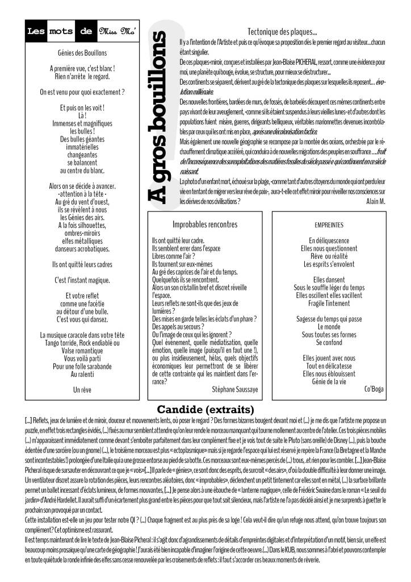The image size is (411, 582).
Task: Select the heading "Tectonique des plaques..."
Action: click(x=282, y=32)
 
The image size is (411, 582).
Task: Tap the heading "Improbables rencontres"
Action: click(x=204, y=224)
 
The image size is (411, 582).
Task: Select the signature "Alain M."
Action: click(x=374, y=201)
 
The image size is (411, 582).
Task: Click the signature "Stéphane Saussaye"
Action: click(x=234, y=389)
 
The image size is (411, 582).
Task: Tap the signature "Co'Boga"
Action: click(x=374, y=389)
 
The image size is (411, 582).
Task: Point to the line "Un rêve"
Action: click(x=82, y=390)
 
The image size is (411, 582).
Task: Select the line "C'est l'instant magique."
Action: click(x=82, y=280)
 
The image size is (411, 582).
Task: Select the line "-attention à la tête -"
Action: click(x=82, y=194)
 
